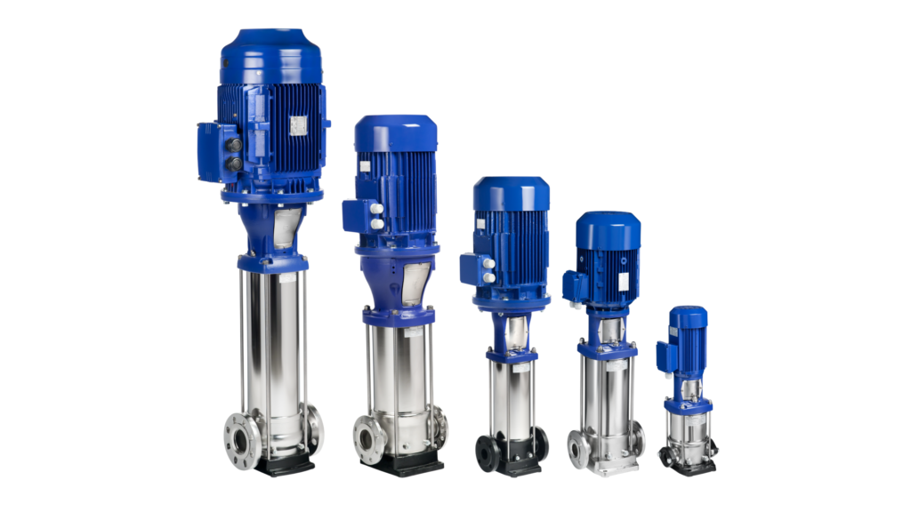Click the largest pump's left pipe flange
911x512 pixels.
(x=243, y=439)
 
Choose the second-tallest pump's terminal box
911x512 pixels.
(x=359, y=218)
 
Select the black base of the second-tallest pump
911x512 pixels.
(x=402, y=463)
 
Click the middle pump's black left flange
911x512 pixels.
(x=488, y=452)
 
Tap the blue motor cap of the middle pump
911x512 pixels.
(x=511, y=192)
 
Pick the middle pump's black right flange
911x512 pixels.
(x=540, y=444)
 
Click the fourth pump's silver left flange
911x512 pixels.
(x=579, y=450)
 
